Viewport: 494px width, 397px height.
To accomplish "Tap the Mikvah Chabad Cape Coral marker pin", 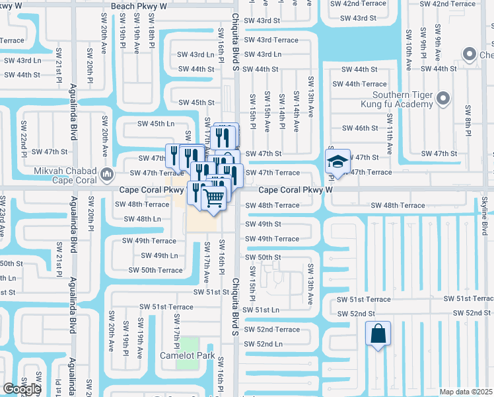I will [x=108, y=176].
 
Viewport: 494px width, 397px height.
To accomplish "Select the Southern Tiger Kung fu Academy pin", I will [x=442, y=99].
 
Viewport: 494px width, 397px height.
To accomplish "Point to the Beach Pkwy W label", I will [x=139, y=6].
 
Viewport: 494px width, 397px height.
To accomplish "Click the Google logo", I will [x=21, y=389].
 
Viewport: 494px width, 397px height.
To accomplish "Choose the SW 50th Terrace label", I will [x=155, y=270].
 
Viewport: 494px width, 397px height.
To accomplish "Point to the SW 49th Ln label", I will [x=156, y=255].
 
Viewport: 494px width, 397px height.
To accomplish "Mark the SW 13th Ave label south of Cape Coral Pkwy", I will [x=311, y=284].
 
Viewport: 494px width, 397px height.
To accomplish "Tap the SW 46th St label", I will [x=359, y=128].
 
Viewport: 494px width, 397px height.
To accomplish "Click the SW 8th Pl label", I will [x=468, y=120].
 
